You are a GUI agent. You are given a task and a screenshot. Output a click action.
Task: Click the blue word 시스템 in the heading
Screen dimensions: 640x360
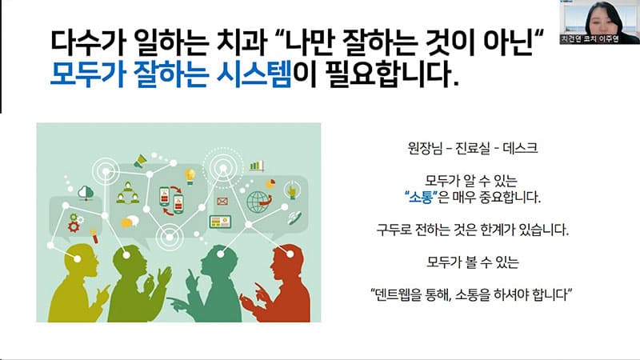pyautogui.click(x=254, y=74)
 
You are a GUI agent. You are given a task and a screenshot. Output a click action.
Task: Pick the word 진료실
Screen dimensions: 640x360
pyautogui.click(x=472, y=147)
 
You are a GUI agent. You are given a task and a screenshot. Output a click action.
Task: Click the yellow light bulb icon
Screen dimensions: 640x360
pyautogui.click(x=190, y=176)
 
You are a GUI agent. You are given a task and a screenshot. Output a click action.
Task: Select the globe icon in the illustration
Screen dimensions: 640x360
pyautogui.click(x=258, y=202)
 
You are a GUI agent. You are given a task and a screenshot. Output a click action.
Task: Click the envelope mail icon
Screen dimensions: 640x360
pyautogui.click(x=222, y=201)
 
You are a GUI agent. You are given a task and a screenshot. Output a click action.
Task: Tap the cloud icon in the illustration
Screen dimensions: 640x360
pyautogui.click(x=86, y=192)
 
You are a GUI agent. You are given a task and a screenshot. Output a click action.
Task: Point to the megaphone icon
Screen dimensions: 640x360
pyautogui.click(x=140, y=161)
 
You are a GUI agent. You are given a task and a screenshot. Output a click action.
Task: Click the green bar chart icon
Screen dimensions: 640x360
pyautogui.click(x=257, y=166)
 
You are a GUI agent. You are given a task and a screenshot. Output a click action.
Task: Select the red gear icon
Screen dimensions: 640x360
pyautogui.click(x=74, y=226)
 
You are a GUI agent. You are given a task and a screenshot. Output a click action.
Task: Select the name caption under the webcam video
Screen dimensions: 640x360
pyautogui.click(x=590, y=39)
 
